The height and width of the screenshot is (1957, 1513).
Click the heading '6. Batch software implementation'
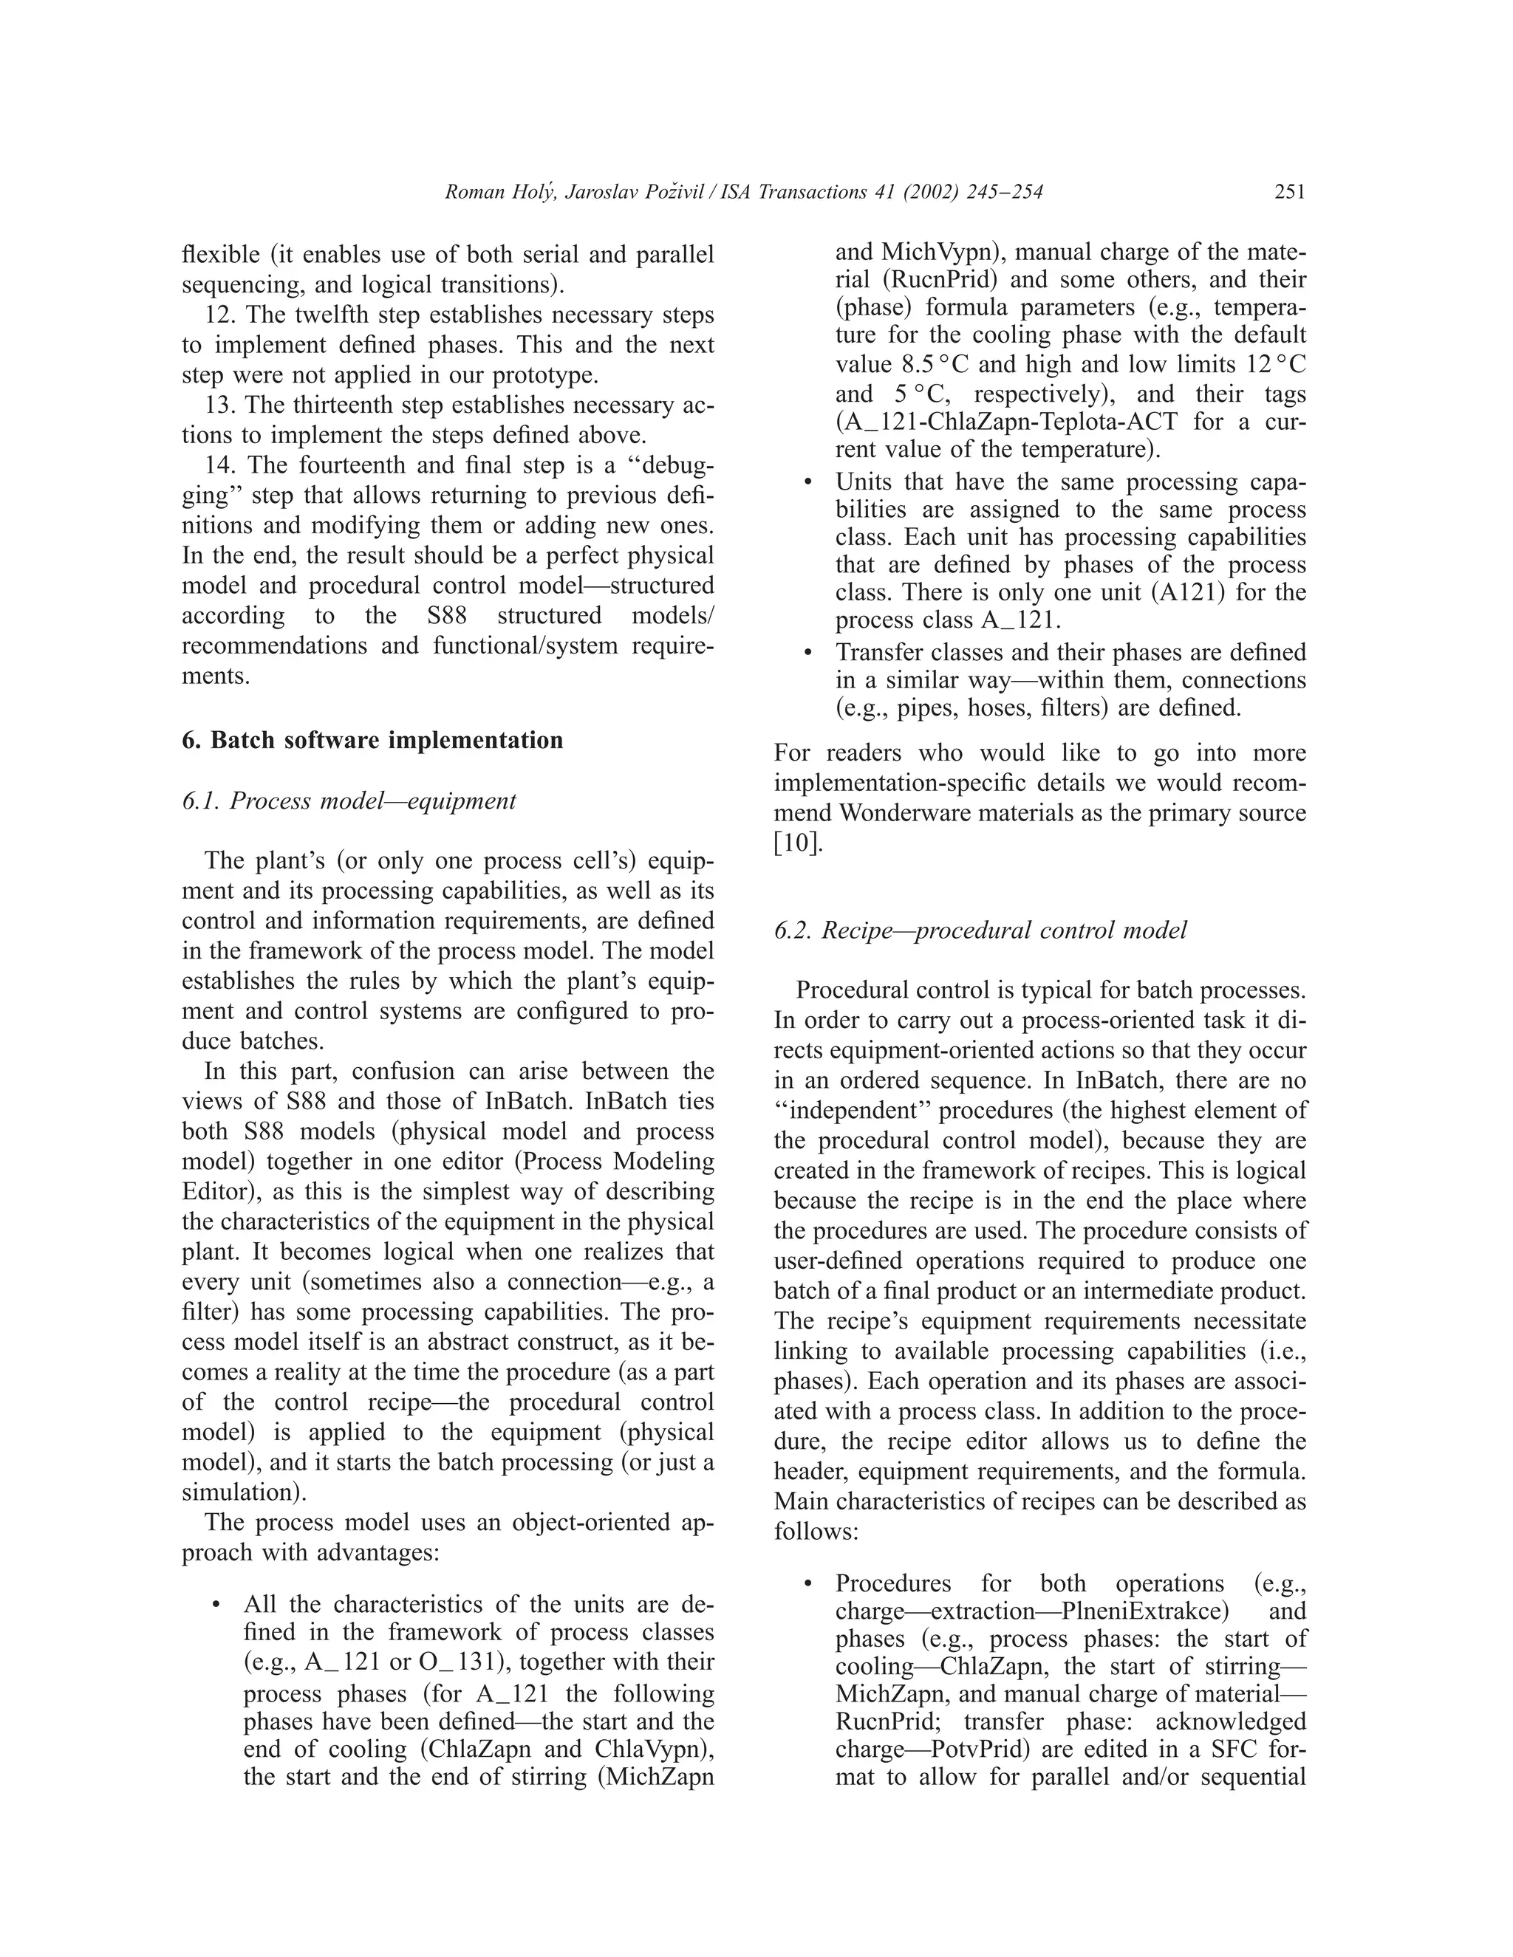click(x=372, y=740)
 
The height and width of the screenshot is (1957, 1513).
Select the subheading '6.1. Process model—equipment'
click(x=349, y=801)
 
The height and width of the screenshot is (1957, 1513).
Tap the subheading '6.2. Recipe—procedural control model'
click(x=980, y=930)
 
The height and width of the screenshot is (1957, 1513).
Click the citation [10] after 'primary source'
click(x=797, y=843)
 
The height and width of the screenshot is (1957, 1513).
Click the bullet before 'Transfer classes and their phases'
click(x=808, y=654)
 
